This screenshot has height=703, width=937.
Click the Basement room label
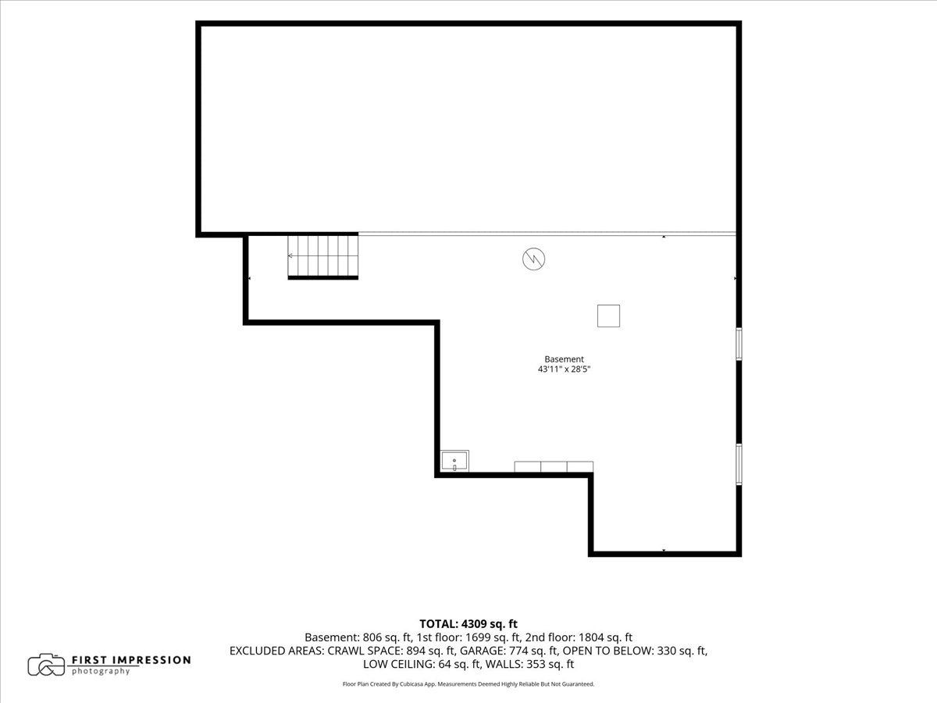tap(564, 359)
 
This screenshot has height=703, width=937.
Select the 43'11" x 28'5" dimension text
tap(564, 369)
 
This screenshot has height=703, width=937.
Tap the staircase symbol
tap(322, 256)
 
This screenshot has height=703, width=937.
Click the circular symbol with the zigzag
tap(533, 259)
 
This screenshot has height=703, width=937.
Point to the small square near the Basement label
tap(608, 316)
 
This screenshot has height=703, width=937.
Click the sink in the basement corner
tap(454, 462)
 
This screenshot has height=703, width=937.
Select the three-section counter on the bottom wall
tap(554, 466)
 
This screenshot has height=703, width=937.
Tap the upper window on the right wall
tap(739, 344)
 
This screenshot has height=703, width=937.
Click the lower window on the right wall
tap(739, 465)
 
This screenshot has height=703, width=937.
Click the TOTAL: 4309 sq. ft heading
tap(468, 624)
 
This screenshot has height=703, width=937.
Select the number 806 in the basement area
tap(372, 637)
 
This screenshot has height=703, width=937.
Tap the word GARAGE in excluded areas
tap(483, 651)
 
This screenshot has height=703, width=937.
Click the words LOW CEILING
tap(399, 664)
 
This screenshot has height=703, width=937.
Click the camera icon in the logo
tap(46, 665)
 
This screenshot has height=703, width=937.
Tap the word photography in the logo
tap(101, 672)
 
